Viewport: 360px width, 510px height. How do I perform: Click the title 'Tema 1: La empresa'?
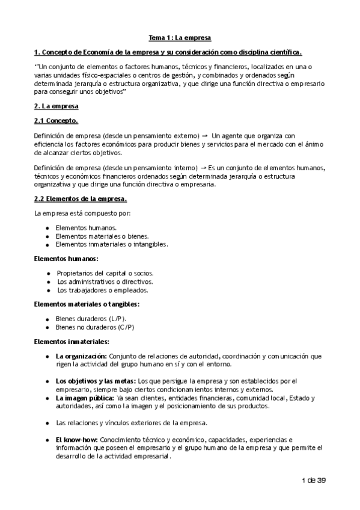pos(180,37)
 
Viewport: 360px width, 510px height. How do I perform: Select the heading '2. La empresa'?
pos(56,106)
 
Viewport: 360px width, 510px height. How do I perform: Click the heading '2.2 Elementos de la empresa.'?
pos(81,198)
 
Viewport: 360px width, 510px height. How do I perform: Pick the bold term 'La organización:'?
pos(81,357)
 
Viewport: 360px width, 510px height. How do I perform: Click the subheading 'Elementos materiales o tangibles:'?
pos(87,304)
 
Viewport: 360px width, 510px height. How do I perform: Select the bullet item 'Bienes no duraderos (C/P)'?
pos(95,327)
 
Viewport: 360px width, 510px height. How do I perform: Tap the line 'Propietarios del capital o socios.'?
pos(105,273)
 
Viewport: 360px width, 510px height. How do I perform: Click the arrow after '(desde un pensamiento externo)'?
pos(205,136)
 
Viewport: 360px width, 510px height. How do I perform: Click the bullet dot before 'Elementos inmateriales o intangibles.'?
pos(47,244)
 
